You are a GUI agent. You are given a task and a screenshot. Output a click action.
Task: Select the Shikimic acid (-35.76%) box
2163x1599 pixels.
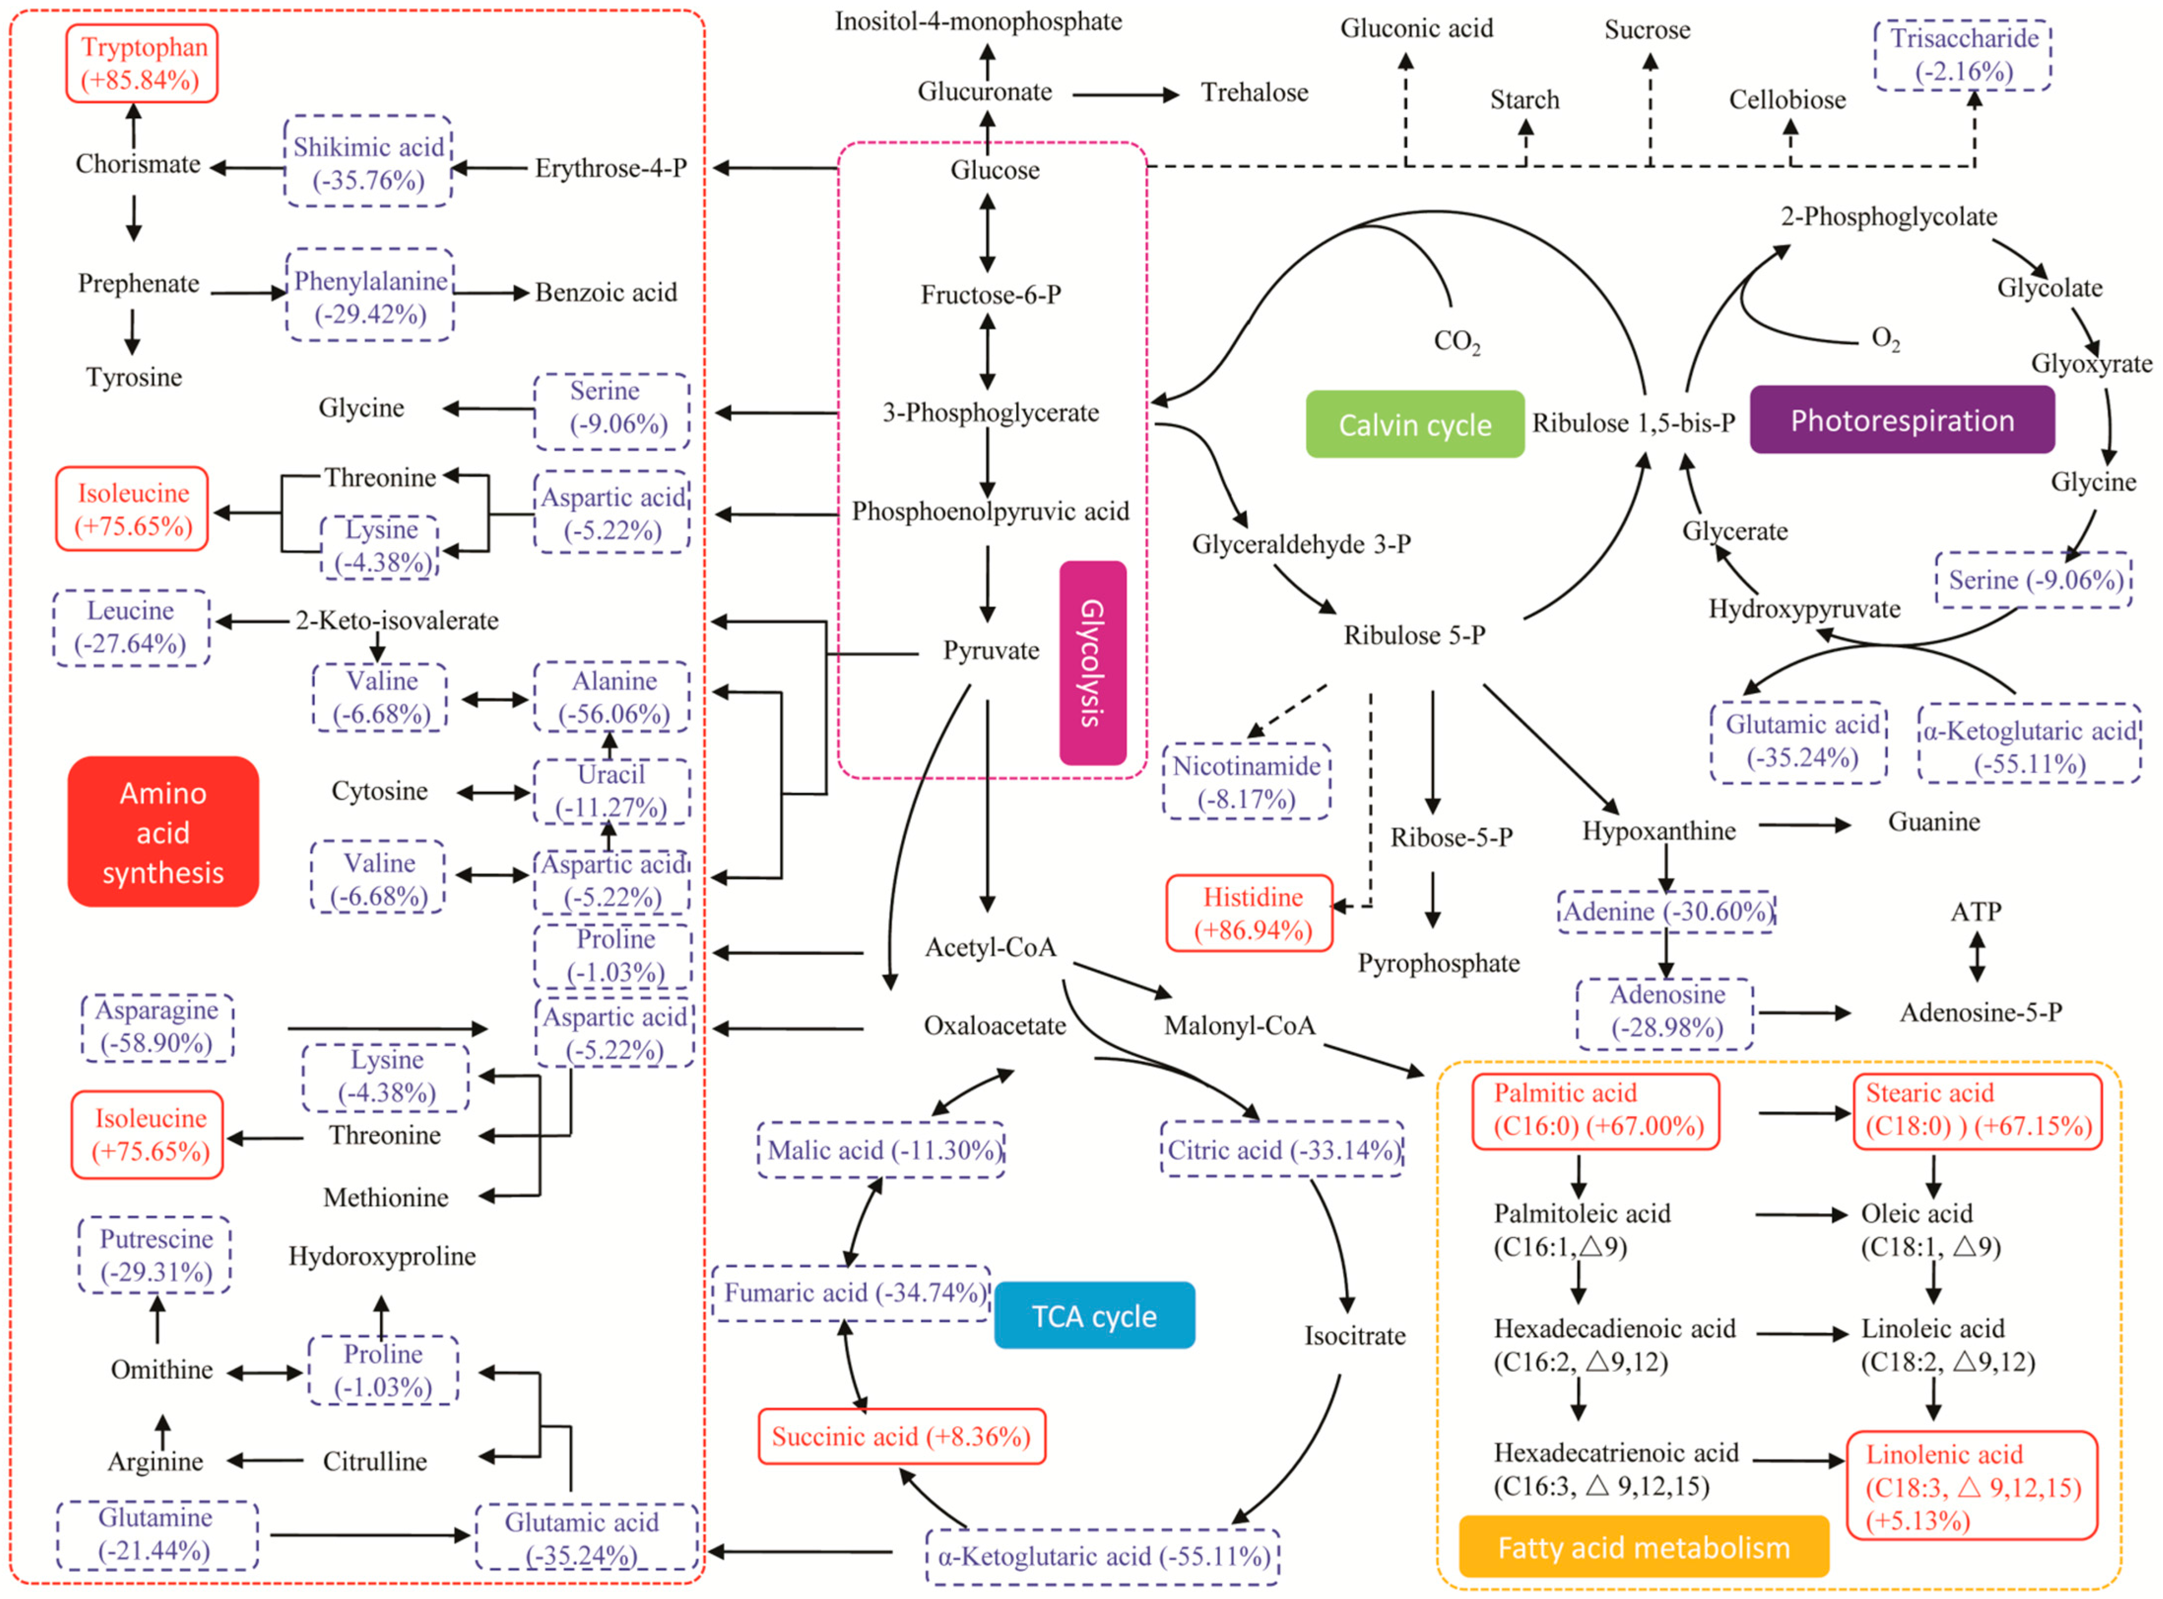pos(369,161)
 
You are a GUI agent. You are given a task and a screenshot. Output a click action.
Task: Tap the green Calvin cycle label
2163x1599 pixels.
pos(1415,424)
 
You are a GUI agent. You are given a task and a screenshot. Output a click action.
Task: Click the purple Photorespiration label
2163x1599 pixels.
pos(1903,420)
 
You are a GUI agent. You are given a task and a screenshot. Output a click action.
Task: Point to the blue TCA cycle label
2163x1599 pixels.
pos(1095,1315)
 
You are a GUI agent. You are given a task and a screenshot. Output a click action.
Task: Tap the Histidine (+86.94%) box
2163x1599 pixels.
pos(1250,913)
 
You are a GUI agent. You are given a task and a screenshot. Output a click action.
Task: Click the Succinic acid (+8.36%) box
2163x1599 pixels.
pos(902,1436)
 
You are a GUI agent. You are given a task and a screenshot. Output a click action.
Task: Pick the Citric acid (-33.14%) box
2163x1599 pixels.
pos(1282,1149)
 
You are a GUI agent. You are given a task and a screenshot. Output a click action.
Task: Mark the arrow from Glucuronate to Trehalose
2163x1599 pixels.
pos(1126,95)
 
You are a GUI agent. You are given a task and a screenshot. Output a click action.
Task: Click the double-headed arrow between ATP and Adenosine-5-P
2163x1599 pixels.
pos(1977,956)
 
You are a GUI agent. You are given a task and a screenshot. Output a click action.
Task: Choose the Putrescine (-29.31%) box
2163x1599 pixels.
pos(155,1255)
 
